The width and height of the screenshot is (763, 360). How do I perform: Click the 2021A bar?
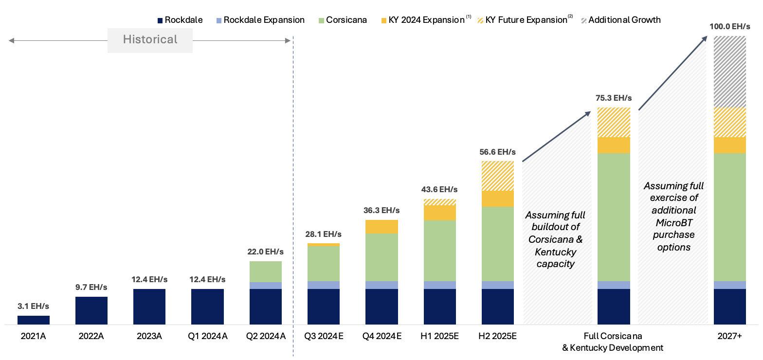point(34,320)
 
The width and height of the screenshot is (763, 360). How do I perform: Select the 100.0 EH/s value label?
point(729,26)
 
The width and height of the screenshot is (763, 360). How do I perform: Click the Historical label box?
point(150,40)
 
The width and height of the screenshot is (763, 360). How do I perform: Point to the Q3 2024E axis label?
point(324,336)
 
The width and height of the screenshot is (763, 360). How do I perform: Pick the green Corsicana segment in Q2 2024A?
point(266,271)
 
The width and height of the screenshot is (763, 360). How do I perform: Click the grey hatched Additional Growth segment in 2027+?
point(729,72)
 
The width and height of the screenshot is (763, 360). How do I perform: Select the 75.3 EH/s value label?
point(614,98)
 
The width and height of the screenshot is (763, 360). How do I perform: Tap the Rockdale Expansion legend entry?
point(260,20)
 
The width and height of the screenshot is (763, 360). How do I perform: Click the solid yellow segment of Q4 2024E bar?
point(381,227)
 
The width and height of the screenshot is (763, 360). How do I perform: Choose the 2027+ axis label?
point(729,336)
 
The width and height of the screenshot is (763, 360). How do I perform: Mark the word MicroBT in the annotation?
point(673,222)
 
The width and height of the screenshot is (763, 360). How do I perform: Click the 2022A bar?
point(91,310)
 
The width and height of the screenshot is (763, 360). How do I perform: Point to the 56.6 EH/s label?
point(497,152)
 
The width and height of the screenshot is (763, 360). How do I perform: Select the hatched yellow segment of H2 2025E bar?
point(498,176)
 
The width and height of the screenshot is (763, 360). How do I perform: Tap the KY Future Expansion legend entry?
point(526,20)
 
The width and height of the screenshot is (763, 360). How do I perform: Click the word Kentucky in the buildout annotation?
point(555,252)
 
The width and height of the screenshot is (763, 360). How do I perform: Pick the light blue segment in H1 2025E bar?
point(440,285)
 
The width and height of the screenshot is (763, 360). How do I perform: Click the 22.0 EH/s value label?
point(266,252)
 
